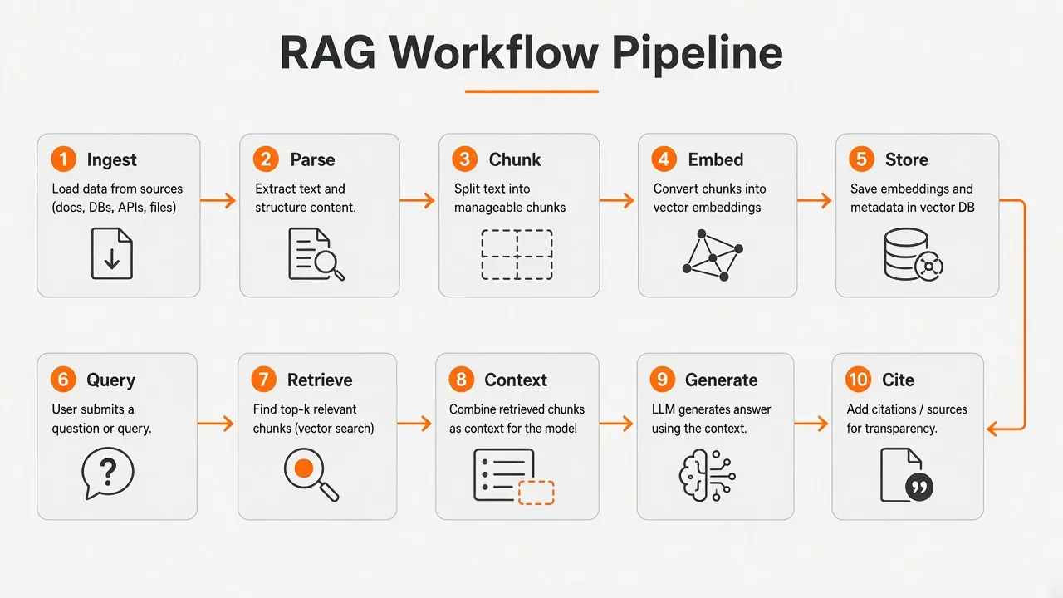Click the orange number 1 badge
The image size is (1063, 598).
click(64, 159)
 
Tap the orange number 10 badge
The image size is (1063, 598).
click(858, 380)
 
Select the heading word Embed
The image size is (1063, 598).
click(716, 160)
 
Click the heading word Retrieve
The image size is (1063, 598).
click(320, 380)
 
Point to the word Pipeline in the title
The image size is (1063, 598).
click(697, 53)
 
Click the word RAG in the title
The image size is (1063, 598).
click(328, 52)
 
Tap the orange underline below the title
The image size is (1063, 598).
click(531, 91)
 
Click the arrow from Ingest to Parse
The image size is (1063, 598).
click(218, 200)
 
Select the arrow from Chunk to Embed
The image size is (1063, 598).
click(617, 200)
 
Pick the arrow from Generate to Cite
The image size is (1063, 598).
click(811, 424)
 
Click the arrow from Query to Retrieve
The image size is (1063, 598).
click(215, 424)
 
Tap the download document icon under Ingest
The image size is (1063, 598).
click(112, 253)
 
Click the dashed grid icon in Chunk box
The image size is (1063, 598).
click(517, 255)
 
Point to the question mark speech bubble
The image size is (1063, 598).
click(108, 473)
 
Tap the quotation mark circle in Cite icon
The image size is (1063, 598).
click(919, 488)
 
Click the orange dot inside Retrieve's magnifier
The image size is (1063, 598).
click(304, 468)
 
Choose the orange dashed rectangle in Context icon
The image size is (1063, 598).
click(536, 493)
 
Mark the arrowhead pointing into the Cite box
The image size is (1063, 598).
click(992, 429)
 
